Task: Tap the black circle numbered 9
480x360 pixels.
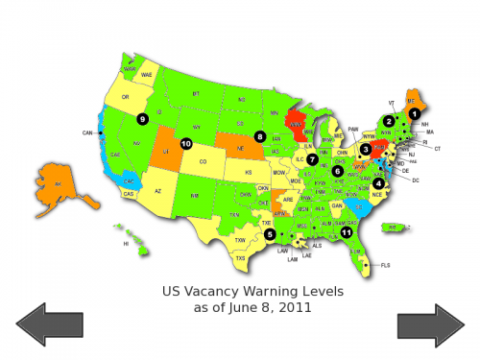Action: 142,119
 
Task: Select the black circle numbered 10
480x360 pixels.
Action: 186,144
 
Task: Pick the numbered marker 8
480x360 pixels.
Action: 259,136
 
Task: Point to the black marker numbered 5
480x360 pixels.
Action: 270,233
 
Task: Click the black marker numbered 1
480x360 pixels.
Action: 414,113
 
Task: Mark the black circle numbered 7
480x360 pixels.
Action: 312,158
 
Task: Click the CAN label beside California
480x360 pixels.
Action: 86,132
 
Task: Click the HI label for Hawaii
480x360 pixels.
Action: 125,244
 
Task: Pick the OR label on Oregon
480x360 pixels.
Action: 125,96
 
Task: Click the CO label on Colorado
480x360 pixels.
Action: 203,162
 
